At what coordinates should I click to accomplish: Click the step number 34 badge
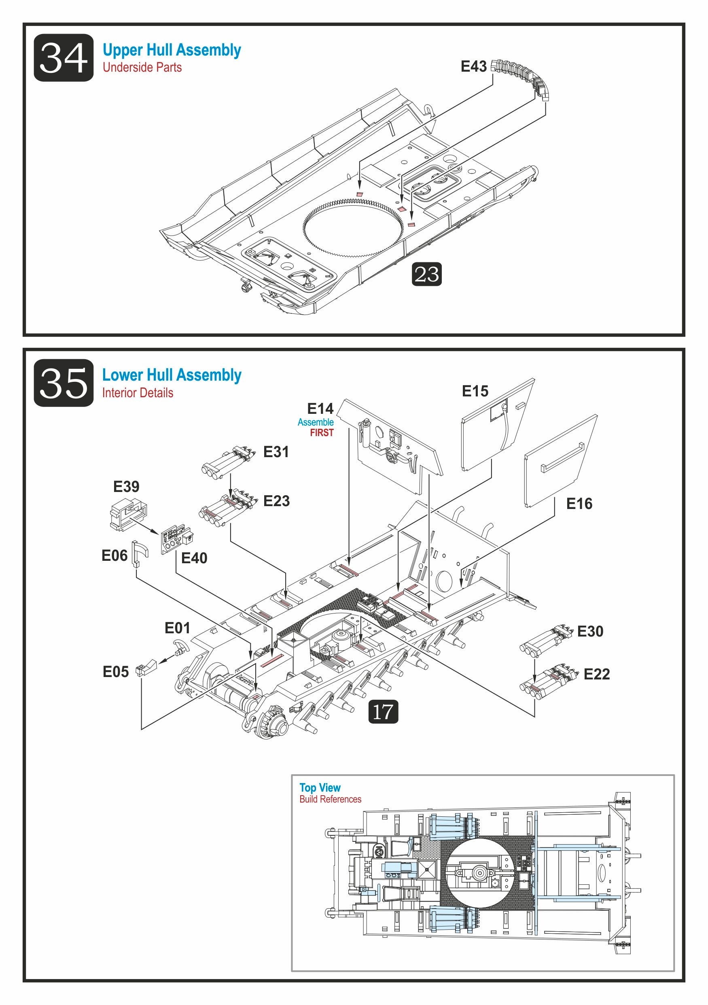click(64, 58)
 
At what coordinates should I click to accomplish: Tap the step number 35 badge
click(64, 383)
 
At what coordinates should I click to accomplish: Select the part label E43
click(474, 66)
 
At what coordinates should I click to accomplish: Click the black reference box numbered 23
click(426, 275)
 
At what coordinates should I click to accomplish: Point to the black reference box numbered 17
click(383, 711)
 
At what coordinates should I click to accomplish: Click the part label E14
click(320, 409)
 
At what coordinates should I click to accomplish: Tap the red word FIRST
click(322, 433)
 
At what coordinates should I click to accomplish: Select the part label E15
click(475, 391)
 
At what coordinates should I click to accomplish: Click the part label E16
click(579, 504)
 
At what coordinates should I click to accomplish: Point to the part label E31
click(276, 452)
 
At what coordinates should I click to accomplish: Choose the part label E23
click(276, 501)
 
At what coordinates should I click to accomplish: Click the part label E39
click(126, 487)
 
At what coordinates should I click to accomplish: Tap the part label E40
click(194, 558)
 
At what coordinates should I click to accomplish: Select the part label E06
click(114, 556)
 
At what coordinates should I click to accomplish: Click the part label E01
click(177, 628)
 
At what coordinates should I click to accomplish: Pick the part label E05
click(115, 672)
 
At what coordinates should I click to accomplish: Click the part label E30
click(590, 632)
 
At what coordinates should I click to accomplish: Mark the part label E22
click(596, 675)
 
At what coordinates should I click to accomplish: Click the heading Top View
click(320, 788)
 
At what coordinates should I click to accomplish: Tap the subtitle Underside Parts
click(142, 67)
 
